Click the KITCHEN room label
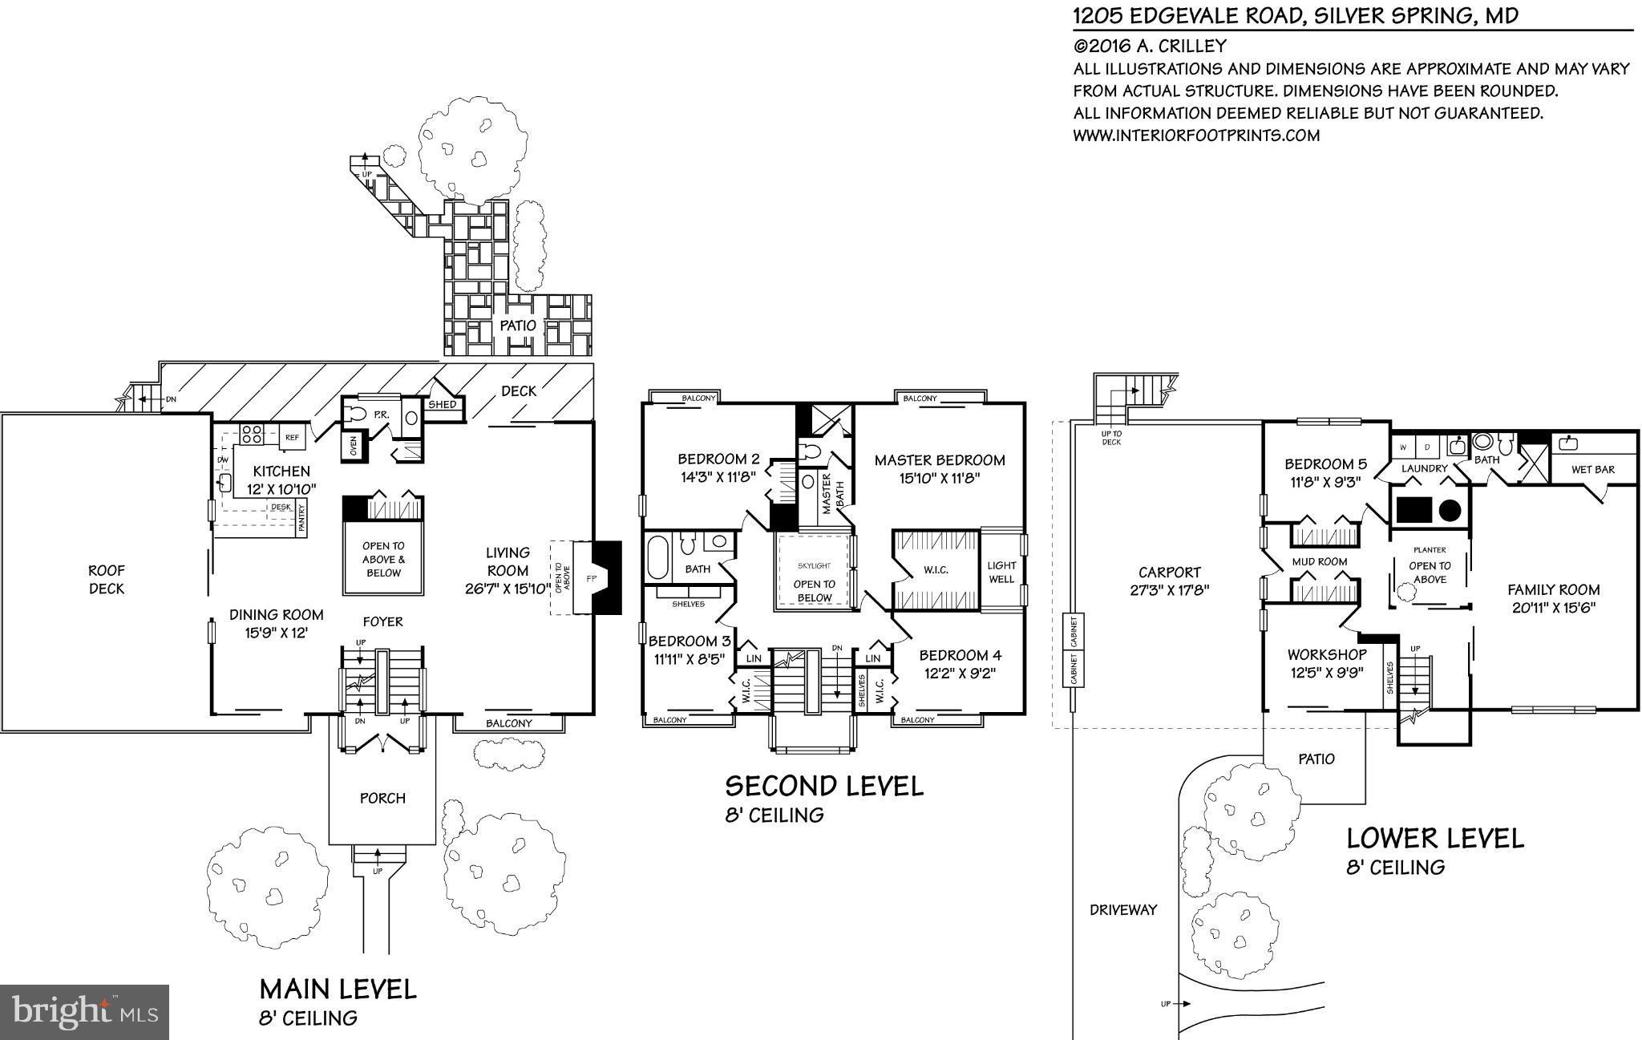click(281, 471)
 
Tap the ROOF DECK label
click(107, 579)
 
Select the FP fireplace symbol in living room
click(592, 578)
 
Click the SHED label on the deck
click(442, 404)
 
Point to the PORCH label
click(382, 798)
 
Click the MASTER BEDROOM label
click(939, 460)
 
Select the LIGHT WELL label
click(1001, 572)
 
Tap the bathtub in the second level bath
click(659, 557)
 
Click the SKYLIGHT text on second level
click(815, 566)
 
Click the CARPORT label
click(1169, 573)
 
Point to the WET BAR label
click(1592, 469)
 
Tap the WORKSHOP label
click(1326, 655)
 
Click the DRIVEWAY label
click(1123, 909)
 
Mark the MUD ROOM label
click(1319, 562)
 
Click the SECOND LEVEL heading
click(824, 786)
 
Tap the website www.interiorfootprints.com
click(1196, 136)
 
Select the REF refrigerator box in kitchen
click(293, 438)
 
